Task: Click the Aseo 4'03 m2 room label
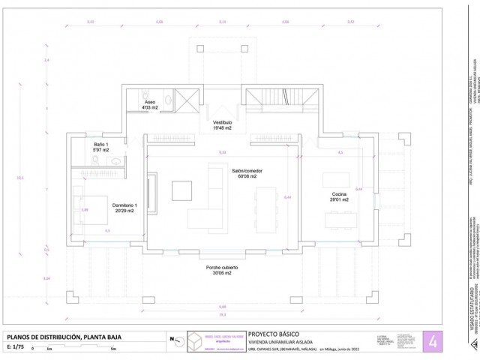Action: [151, 104]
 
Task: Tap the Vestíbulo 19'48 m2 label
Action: [222, 124]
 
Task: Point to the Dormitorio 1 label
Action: [119, 208]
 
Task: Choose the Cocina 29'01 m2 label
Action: [339, 196]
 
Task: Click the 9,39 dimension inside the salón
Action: [222, 152]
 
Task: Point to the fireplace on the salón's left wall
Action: [152, 191]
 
